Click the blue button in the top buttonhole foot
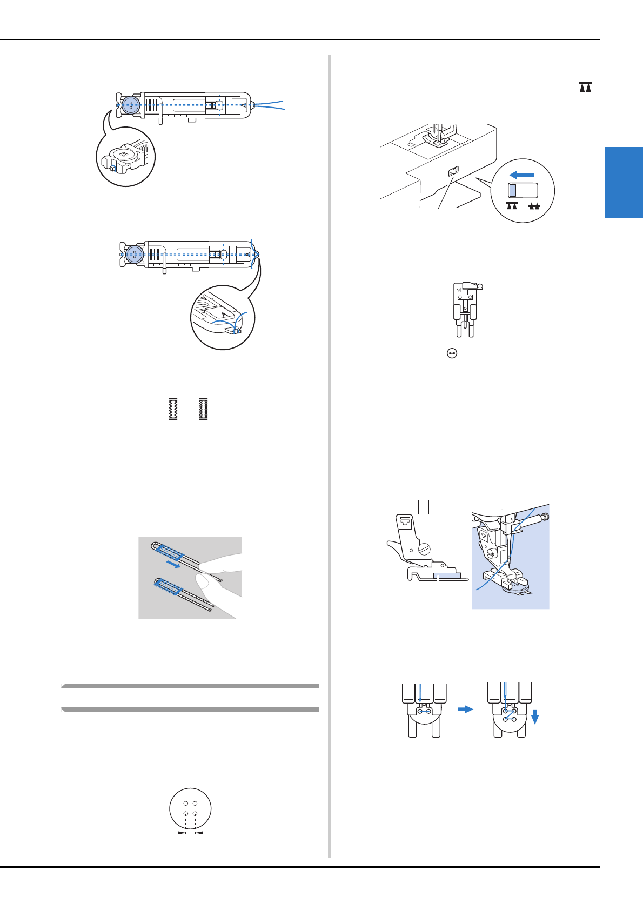click(x=131, y=105)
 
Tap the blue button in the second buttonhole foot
click(x=134, y=253)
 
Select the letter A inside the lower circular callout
click(x=224, y=313)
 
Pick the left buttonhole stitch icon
click(x=173, y=409)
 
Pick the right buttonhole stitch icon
click(x=204, y=409)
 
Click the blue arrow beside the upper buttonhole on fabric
click(x=173, y=565)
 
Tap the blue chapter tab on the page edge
click(x=624, y=182)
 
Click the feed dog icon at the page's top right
click(x=585, y=87)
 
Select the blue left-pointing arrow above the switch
click(x=522, y=175)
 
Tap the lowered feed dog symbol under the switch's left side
click(x=512, y=206)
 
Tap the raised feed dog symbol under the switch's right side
click(x=534, y=206)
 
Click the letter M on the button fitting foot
click(x=459, y=290)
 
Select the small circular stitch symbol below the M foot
click(x=452, y=353)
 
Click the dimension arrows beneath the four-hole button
click(x=191, y=833)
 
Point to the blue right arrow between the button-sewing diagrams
click(x=465, y=710)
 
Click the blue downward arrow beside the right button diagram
click(x=535, y=717)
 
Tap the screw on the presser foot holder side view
click(x=424, y=550)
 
